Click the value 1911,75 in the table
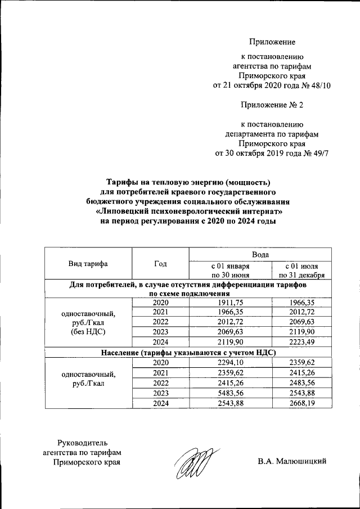229,302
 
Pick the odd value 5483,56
229,393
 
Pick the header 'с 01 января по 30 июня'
229,270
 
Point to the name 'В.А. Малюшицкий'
292,462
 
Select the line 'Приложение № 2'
272,105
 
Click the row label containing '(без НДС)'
88,332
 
